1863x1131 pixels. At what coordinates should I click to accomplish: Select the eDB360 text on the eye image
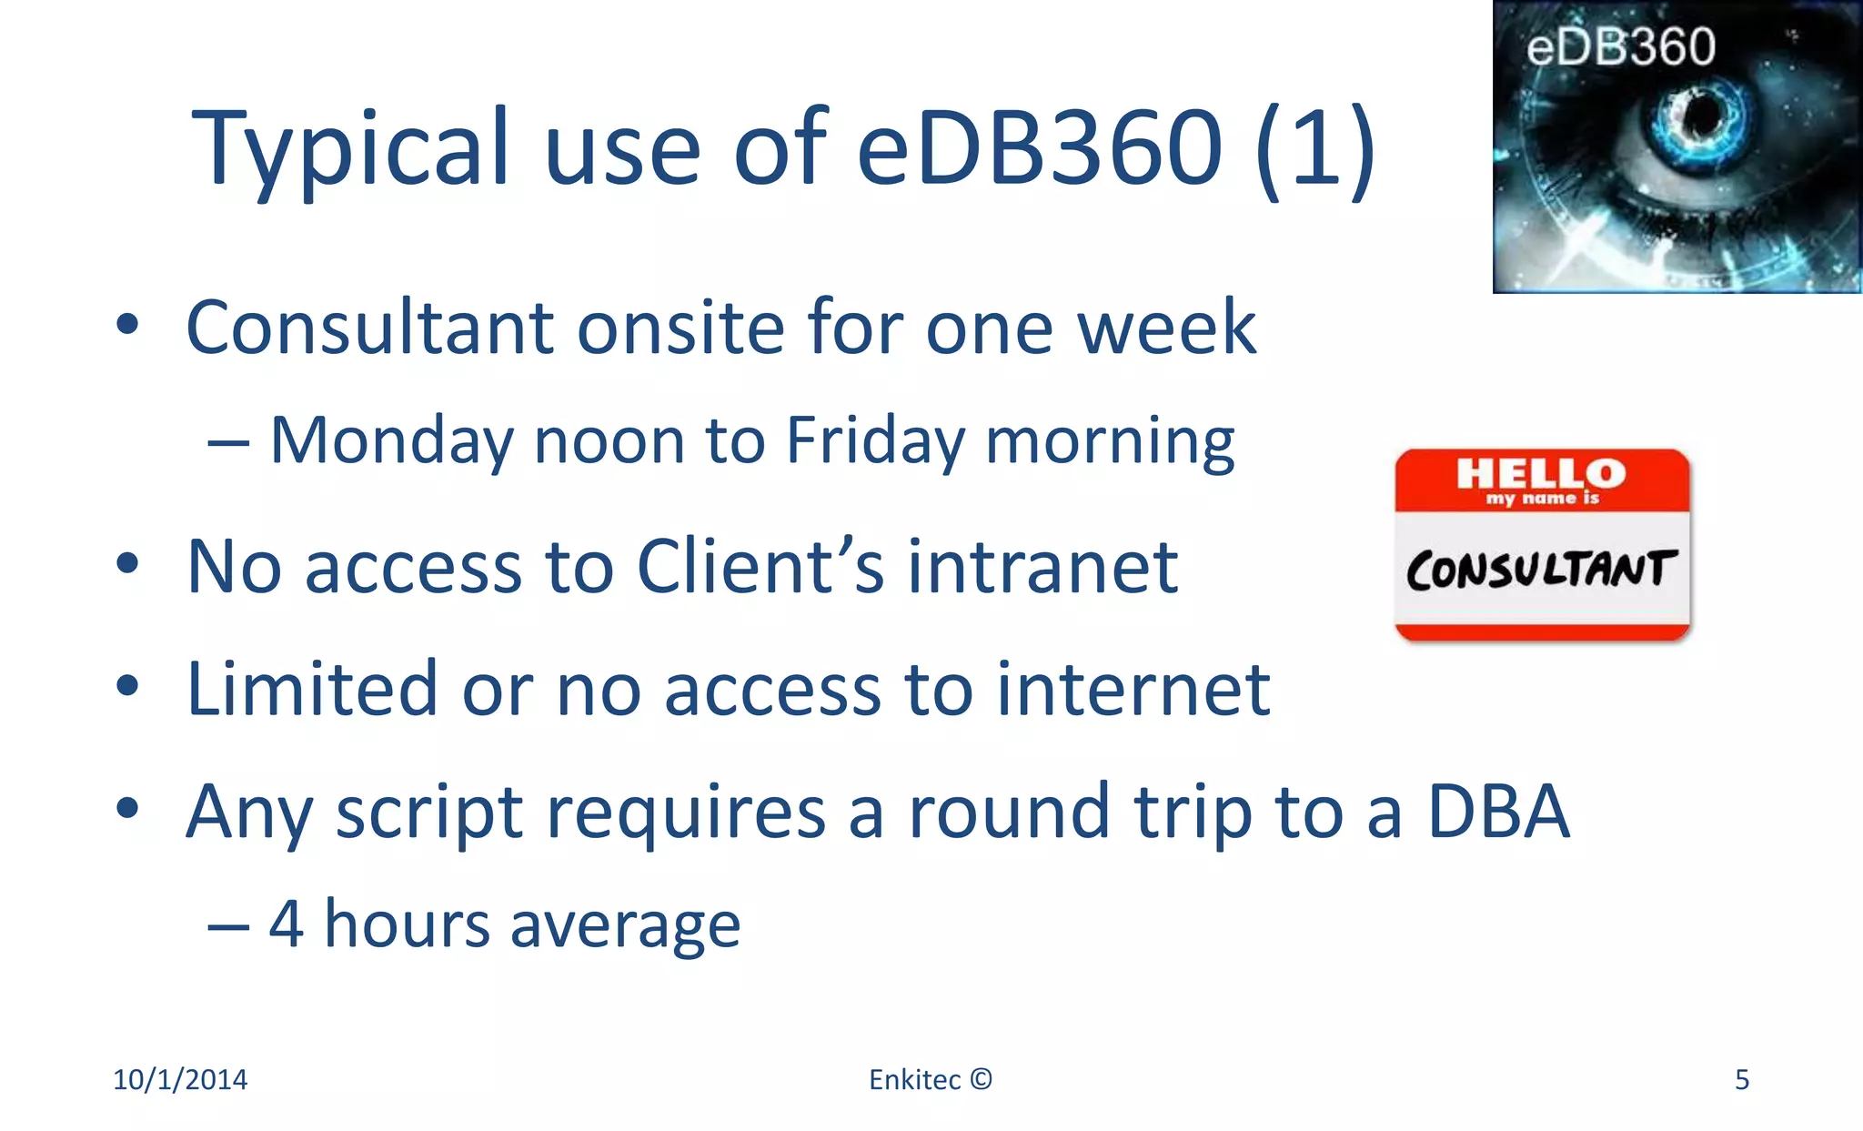(1620, 47)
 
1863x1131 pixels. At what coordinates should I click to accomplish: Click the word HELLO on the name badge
(1541, 473)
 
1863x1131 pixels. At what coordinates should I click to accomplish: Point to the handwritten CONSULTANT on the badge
(1540, 571)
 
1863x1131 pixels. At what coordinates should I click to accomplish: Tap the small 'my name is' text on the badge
(1542, 499)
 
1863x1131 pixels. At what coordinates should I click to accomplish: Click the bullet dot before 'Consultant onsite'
(127, 325)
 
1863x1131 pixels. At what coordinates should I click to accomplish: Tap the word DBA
(1498, 812)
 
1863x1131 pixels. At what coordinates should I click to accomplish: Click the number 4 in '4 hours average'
(286, 924)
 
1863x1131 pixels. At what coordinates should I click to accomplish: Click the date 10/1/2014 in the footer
(180, 1080)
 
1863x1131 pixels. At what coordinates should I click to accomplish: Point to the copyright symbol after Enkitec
(981, 1079)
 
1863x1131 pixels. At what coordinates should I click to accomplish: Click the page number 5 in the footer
(1741, 1080)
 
